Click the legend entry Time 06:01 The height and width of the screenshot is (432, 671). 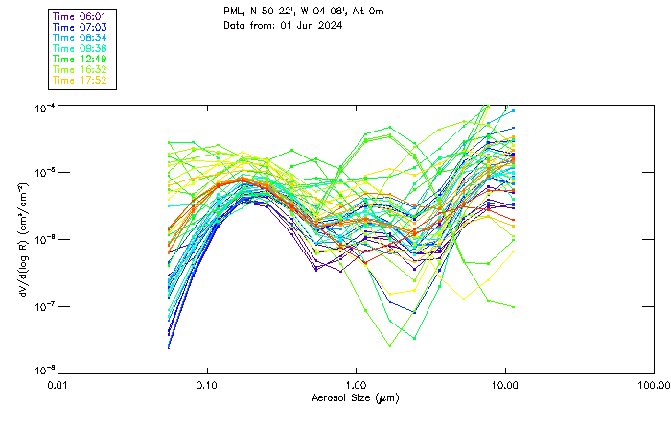[x=81, y=16]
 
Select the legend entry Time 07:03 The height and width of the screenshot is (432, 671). [x=81, y=27]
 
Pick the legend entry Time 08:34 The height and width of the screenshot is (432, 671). [x=81, y=37]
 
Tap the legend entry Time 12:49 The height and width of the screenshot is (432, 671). [x=81, y=59]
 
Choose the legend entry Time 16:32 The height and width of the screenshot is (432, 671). [x=81, y=69]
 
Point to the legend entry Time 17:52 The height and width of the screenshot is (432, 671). [x=81, y=80]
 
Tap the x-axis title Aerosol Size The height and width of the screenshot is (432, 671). [x=355, y=397]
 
